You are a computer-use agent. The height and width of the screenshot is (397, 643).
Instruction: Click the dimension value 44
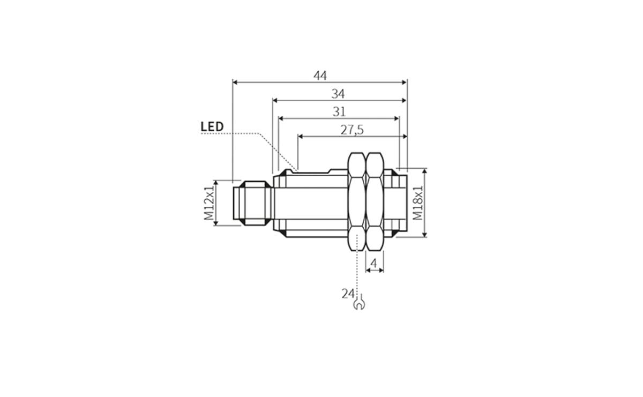[x=320, y=76]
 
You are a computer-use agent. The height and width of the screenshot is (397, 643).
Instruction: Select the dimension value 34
[x=338, y=94]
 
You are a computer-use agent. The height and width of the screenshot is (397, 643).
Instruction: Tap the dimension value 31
[x=339, y=111]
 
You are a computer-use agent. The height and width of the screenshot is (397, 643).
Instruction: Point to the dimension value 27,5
[x=352, y=130]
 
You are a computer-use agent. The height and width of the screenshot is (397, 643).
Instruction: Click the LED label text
[x=212, y=127]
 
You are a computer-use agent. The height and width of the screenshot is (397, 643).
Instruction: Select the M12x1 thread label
[x=208, y=203]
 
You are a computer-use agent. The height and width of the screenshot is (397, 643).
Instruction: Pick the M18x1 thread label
[x=418, y=203]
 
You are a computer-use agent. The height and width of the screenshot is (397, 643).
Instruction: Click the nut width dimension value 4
[x=375, y=263]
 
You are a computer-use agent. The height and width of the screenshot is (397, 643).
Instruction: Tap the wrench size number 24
[x=348, y=293]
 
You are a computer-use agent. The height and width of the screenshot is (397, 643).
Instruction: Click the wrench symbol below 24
[x=358, y=304]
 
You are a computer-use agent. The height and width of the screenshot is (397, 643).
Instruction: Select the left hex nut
[x=357, y=202]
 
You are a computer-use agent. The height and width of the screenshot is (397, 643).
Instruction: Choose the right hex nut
[x=375, y=202]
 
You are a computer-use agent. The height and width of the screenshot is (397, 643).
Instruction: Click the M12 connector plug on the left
[x=252, y=203]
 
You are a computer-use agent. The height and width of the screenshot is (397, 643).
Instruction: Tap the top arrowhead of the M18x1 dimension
[x=425, y=171]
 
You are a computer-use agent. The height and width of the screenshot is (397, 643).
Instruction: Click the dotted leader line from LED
[x=252, y=133]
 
